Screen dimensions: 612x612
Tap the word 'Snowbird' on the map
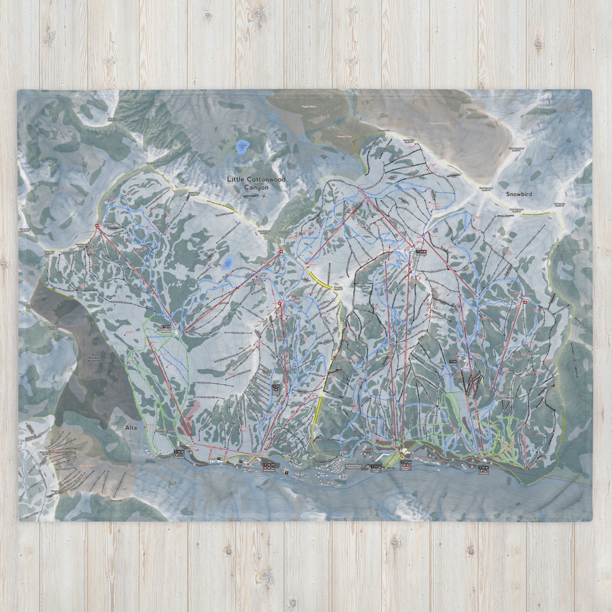(x=519, y=194)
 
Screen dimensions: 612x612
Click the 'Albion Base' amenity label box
(x=180, y=454)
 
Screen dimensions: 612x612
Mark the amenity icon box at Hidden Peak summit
(x=420, y=252)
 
